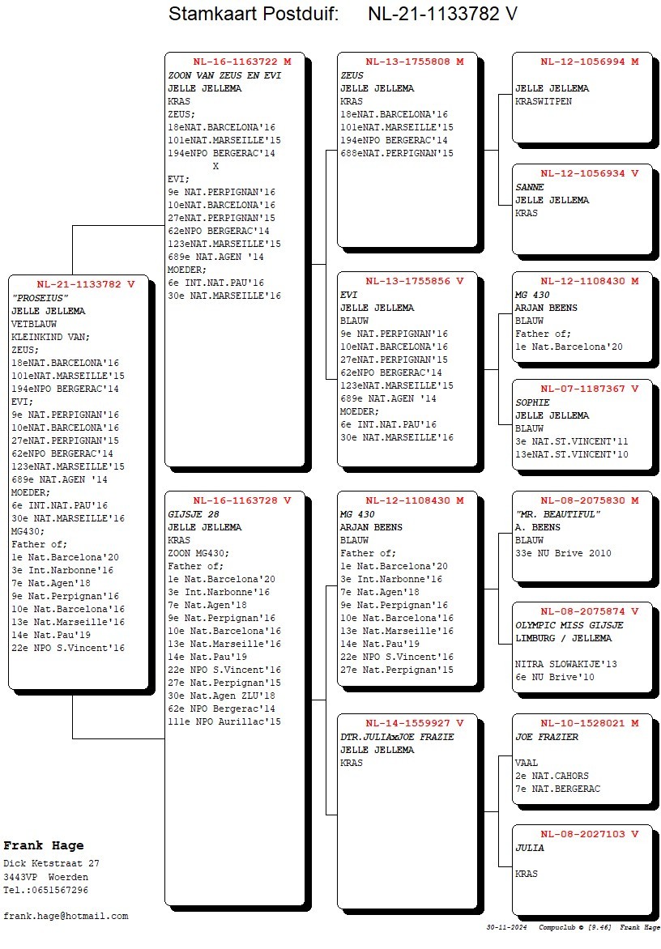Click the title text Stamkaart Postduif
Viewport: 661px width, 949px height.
(254, 15)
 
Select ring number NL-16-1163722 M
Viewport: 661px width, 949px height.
(241, 62)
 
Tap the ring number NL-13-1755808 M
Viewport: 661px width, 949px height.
(414, 62)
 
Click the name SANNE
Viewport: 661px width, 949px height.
(530, 187)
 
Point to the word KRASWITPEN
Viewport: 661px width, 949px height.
(544, 101)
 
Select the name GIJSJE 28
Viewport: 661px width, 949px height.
(194, 514)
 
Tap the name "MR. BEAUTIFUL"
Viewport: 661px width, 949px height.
(557, 514)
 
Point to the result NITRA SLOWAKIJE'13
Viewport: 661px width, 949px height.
(565, 665)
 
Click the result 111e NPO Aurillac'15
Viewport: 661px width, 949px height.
(224, 721)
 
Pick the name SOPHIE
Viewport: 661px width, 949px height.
(532, 402)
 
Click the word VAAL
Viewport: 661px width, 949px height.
(527, 763)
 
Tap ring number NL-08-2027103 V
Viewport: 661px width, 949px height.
(590, 834)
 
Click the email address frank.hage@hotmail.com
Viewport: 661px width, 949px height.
(66, 916)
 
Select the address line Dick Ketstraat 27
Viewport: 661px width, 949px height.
(51, 864)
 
